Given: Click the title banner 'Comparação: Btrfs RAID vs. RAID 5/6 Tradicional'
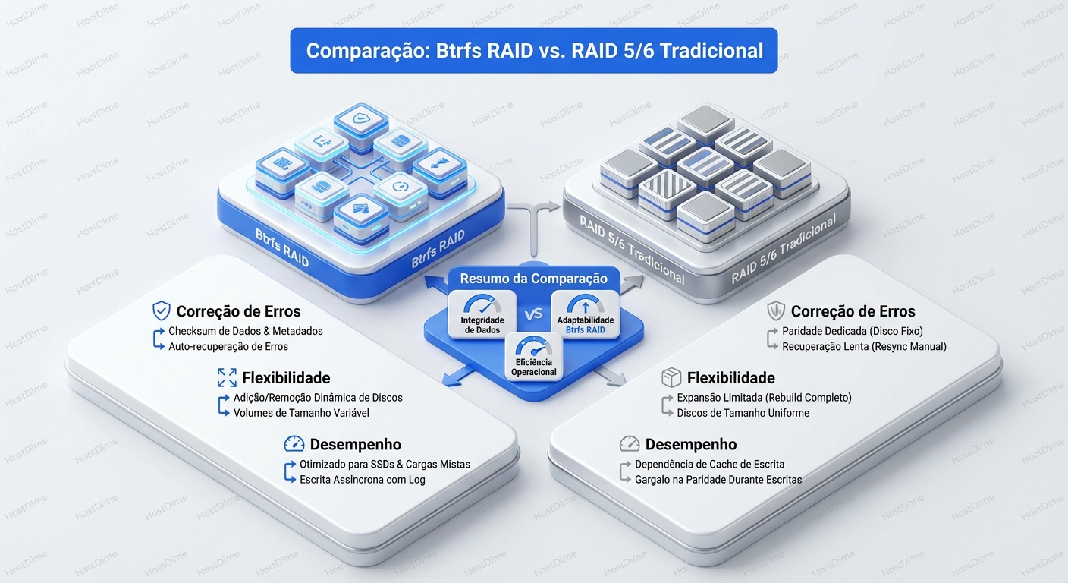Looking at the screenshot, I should pos(534,51).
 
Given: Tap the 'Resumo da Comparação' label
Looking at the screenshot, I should pos(533,279).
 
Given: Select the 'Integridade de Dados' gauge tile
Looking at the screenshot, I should pos(482,315).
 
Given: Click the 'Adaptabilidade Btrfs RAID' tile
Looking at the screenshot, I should pos(585,315).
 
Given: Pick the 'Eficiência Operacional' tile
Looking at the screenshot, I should pos(533,356).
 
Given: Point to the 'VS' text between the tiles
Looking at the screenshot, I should pos(533,314).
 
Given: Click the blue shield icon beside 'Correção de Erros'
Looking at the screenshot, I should pos(161,310).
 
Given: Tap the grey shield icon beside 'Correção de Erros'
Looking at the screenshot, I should pos(775,310).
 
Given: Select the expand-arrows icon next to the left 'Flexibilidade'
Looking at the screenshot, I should pos(227,377).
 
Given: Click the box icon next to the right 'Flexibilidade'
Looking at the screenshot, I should pos(671,377).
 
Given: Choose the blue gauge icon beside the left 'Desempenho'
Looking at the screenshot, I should pos(294,444).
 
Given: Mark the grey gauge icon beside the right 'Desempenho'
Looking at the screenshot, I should pos(630,444).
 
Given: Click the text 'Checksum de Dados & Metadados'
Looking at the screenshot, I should pos(246,331).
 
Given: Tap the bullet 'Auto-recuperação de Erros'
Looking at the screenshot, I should pos(228,346).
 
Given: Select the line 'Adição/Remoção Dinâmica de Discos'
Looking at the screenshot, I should pos(318,398).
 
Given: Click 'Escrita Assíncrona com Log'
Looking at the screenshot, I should pos(363,480).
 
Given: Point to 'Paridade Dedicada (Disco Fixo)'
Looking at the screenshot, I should pos(853,331).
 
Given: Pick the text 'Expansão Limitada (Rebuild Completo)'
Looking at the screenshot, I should pos(764,398).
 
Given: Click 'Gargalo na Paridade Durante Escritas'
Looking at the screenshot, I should pos(718,480).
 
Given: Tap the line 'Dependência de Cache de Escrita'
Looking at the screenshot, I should pos(709,464).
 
